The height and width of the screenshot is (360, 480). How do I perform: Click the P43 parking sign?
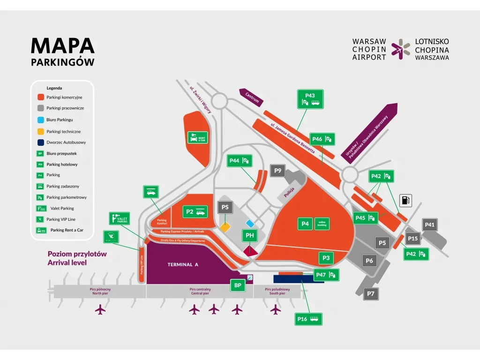point(310,99)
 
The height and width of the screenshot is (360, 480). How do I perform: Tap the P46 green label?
point(323,139)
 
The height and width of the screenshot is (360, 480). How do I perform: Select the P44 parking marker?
point(240,161)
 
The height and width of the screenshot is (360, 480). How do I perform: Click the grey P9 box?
point(278,171)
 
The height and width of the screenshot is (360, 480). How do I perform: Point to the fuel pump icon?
point(406,200)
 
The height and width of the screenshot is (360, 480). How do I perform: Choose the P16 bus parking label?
point(308,319)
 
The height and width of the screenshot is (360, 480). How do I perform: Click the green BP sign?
point(237,285)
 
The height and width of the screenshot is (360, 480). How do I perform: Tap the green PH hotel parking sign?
point(249,235)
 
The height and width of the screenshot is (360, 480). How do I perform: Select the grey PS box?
point(225,207)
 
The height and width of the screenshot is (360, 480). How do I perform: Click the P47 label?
point(326,275)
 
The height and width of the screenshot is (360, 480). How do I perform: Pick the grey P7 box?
point(371,294)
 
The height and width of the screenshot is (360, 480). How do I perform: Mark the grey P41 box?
point(430,225)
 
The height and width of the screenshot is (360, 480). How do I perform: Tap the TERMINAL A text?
point(183,265)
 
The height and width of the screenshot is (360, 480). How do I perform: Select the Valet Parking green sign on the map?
point(119,218)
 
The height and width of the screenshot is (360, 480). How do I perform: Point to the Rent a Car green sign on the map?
point(197,137)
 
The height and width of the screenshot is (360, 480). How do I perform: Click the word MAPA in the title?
point(63,45)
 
